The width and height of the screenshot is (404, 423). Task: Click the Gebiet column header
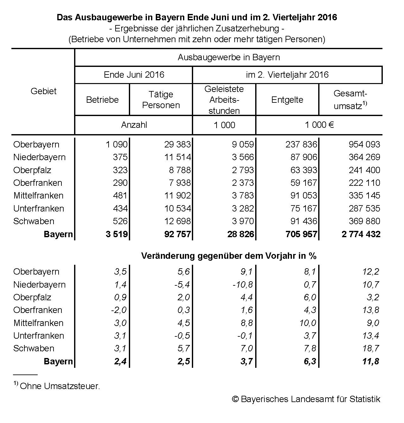pyautogui.click(x=43, y=91)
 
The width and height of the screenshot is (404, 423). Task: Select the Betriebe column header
pyautogui.click(x=102, y=100)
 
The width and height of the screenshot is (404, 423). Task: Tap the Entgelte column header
pyautogui.click(x=287, y=100)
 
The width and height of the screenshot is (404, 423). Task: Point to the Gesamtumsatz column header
pyautogui.click(x=350, y=100)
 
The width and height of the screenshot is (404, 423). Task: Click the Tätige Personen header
pyautogui.click(x=161, y=100)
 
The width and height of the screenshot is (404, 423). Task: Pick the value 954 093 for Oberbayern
pyautogui.click(x=364, y=145)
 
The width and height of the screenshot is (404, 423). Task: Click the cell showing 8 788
pyautogui.click(x=180, y=170)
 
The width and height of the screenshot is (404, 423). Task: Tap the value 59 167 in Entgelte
pyautogui.click(x=304, y=183)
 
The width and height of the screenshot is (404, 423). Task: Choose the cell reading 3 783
pyautogui.click(x=243, y=196)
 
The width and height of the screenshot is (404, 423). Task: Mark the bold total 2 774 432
pyautogui.click(x=361, y=234)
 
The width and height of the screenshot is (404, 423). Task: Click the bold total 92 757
pyautogui.click(x=178, y=234)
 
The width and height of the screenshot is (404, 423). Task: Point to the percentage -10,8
pyautogui.click(x=243, y=285)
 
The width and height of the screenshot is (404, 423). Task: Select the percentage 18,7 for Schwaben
pyautogui.click(x=371, y=348)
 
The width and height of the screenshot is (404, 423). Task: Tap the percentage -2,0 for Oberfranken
pyautogui.click(x=119, y=310)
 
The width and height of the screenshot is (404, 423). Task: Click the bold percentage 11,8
pyautogui.click(x=371, y=361)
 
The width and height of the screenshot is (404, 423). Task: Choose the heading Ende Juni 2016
pyautogui.click(x=134, y=75)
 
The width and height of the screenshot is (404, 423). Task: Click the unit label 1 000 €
pyautogui.click(x=319, y=125)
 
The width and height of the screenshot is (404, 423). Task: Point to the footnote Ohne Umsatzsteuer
pyautogui.click(x=60, y=386)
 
